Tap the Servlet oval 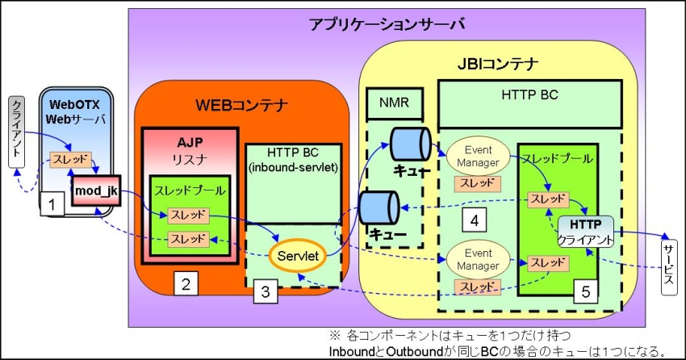(x=297, y=256)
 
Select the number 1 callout (x=52, y=205)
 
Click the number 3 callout (x=263, y=291)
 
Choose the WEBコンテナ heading (x=242, y=104)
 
